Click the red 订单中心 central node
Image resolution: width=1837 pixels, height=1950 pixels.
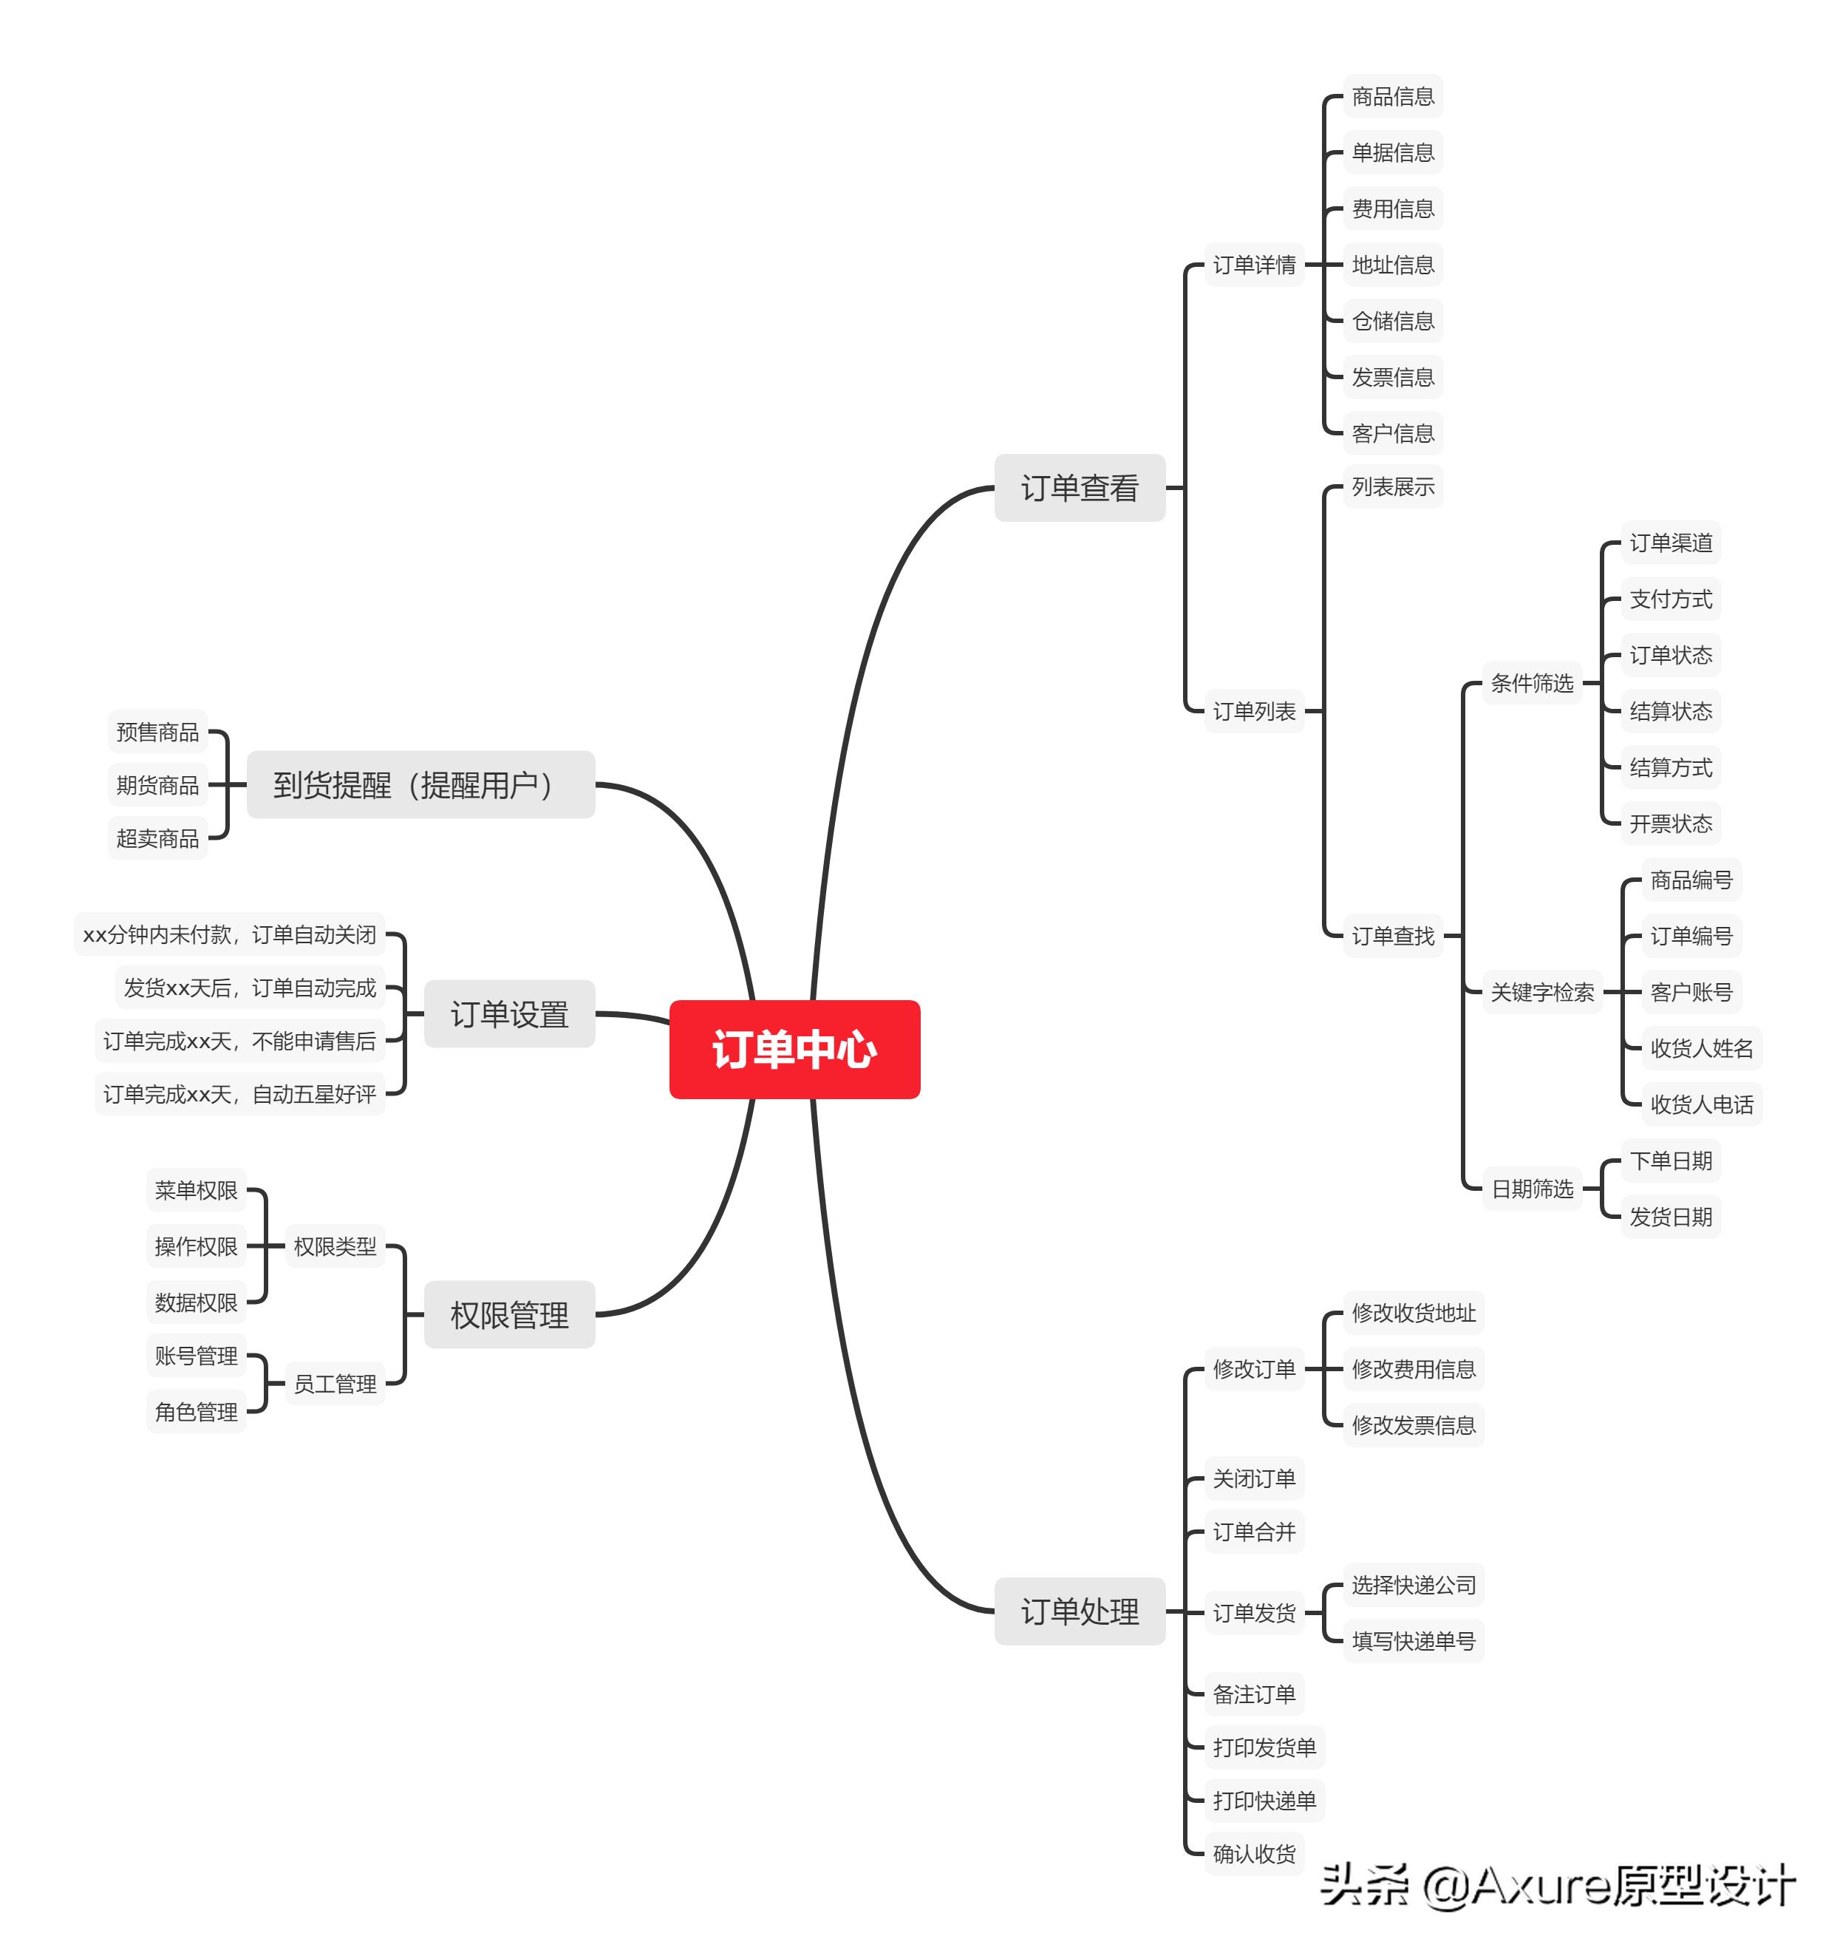(794, 1049)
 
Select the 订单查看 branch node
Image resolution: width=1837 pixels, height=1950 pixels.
(1079, 488)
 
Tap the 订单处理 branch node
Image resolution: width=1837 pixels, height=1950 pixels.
(1079, 1611)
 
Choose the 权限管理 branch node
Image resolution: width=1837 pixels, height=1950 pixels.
(509, 1314)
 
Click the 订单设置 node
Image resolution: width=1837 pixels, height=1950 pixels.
(509, 1013)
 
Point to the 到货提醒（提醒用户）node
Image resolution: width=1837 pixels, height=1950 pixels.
(420, 785)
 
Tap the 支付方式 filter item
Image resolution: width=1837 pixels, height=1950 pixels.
(1670, 598)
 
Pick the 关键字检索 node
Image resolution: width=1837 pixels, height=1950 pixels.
(1541, 992)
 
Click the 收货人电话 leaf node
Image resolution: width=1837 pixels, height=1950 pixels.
(1701, 1104)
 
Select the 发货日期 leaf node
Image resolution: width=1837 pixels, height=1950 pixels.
(1670, 1216)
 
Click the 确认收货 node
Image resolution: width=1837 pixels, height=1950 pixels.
(1253, 1853)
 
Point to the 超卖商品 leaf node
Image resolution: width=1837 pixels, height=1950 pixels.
(157, 838)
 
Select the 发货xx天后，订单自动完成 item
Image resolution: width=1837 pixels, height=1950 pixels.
(250, 988)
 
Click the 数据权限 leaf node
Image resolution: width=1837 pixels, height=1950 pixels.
(196, 1302)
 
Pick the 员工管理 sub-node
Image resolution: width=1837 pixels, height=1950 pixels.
(335, 1383)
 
